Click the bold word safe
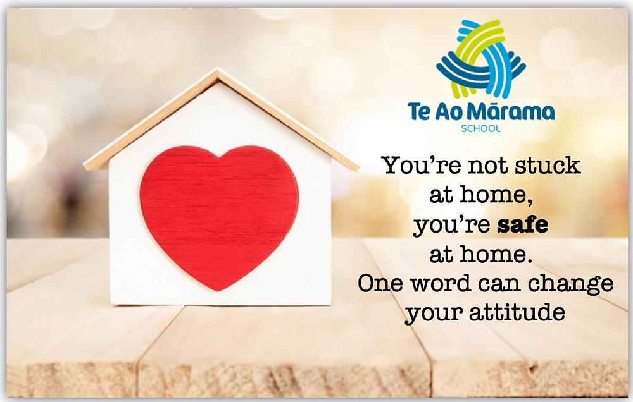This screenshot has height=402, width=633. coord(522,224)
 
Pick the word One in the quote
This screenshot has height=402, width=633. coord(380,283)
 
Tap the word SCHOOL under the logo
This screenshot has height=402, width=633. coord(481,129)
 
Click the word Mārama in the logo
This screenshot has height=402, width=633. coord(513,111)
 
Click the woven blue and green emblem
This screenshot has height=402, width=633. coord(481,58)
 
